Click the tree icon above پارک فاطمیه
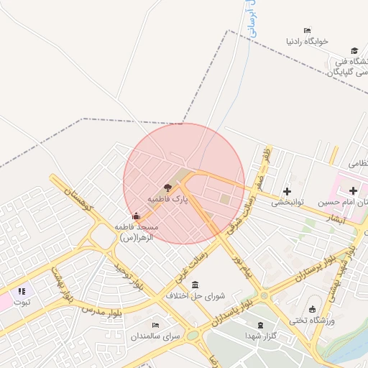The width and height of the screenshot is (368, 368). [168, 185]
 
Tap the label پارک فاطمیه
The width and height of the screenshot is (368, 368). [167, 198]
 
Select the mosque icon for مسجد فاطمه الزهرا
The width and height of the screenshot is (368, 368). [137, 215]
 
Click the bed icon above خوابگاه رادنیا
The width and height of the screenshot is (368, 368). [307, 30]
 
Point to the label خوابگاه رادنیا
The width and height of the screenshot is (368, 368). [307, 41]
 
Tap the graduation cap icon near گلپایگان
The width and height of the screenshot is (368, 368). [354, 50]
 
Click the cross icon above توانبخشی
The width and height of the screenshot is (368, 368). [287, 191]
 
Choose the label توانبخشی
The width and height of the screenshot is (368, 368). [287, 203]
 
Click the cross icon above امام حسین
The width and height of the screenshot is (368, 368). [353, 191]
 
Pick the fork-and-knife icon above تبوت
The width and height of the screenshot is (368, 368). [22, 291]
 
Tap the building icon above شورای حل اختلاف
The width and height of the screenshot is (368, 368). [195, 285]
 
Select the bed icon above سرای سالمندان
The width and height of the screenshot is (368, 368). [155, 325]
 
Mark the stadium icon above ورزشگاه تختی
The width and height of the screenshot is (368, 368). [312, 309]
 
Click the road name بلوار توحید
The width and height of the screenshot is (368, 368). [130, 277]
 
